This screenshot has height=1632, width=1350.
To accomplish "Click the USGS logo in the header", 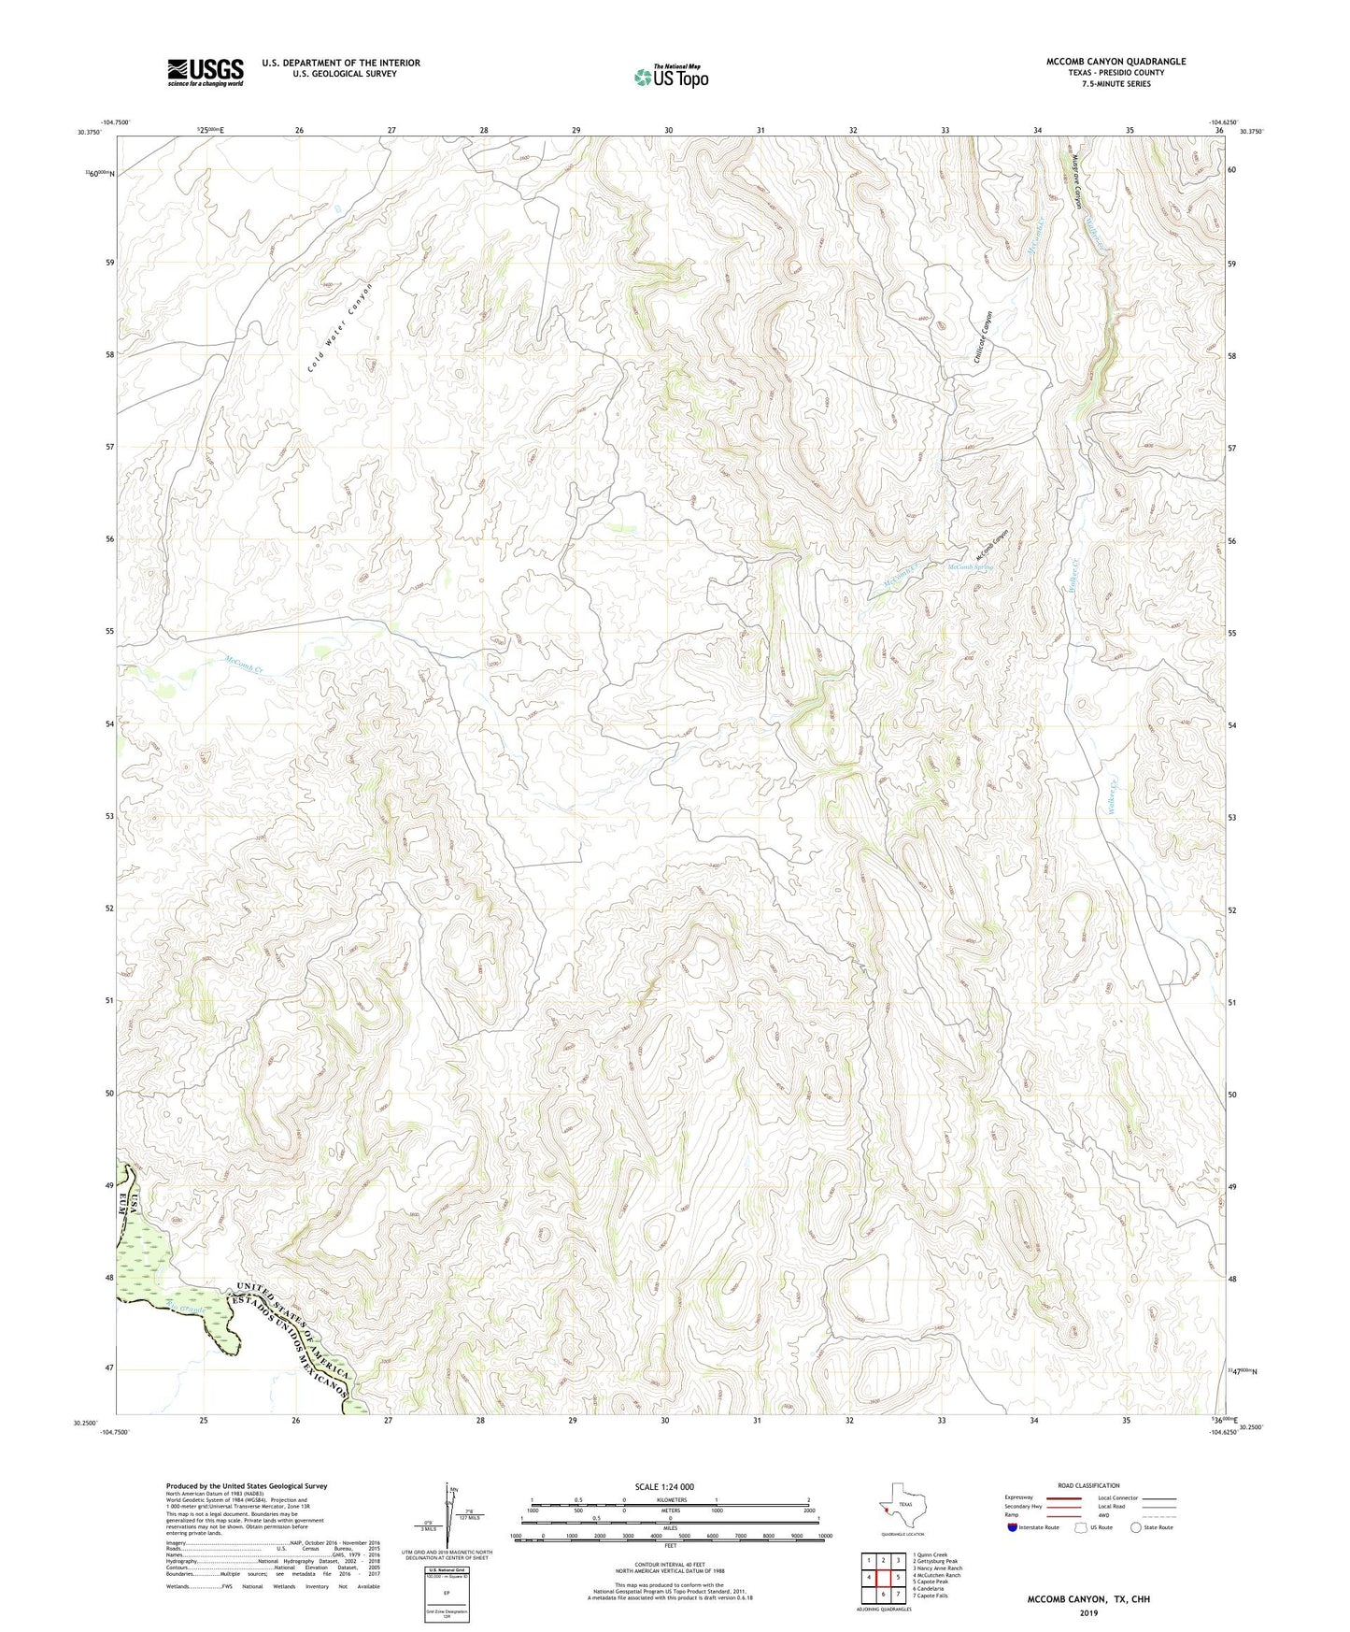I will [x=206, y=72].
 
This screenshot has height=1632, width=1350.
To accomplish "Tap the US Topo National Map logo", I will [x=671, y=77].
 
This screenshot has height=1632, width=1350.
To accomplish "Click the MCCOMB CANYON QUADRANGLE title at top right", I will [x=1116, y=62].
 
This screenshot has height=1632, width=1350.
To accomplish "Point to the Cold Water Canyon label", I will [x=340, y=327].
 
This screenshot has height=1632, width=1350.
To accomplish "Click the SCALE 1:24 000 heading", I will [x=664, y=1486].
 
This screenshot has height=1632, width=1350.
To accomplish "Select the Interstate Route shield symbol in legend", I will [x=1013, y=1527].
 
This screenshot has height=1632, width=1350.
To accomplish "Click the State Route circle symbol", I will [x=1136, y=1527].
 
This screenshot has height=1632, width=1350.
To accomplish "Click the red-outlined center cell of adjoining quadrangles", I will [x=883, y=1576].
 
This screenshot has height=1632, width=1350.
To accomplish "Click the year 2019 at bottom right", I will [x=1088, y=1612].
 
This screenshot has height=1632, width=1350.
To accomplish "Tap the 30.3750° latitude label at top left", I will [x=92, y=132].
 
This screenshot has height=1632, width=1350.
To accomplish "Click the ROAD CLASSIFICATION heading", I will [x=1088, y=1485].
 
